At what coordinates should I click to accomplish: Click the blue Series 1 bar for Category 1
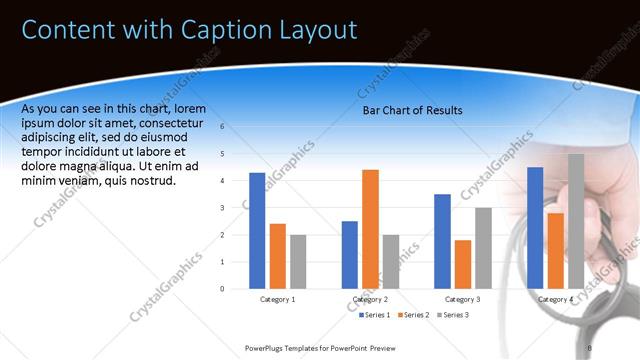pyautogui.click(x=257, y=230)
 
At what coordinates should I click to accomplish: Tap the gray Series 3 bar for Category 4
pyautogui.click(x=576, y=220)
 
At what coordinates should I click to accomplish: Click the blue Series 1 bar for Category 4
pyautogui.click(x=535, y=227)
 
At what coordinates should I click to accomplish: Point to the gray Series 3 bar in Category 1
pyautogui.click(x=298, y=261)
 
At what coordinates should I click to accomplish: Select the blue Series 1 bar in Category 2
pyautogui.click(x=349, y=254)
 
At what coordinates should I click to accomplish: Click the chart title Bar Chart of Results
pyautogui.click(x=412, y=111)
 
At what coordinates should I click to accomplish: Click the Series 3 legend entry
pyautogui.click(x=452, y=315)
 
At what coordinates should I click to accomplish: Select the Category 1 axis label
pyautogui.click(x=277, y=299)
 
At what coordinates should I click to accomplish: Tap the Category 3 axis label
pyautogui.click(x=462, y=299)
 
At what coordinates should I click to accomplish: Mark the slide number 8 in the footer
pyautogui.click(x=590, y=347)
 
